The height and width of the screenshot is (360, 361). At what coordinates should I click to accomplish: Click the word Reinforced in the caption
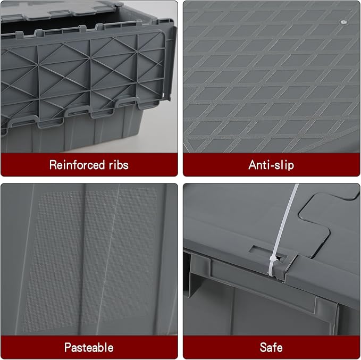tap(77, 165)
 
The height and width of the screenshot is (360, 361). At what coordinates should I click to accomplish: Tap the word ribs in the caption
tap(119, 165)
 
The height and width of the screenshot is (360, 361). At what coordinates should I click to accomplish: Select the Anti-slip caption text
tap(271, 165)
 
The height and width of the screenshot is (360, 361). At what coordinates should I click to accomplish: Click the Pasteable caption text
tap(89, 347)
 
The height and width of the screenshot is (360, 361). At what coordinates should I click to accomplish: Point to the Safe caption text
tap(271, 347)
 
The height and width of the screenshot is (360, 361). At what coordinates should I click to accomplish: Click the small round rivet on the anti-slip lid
tap(343, 22)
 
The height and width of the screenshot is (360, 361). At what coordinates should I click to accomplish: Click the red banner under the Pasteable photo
tap(89, 347)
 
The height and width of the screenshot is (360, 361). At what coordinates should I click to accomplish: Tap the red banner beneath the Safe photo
tap(272, 347)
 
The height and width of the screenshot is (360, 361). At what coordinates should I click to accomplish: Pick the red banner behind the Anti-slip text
tap(272, 165)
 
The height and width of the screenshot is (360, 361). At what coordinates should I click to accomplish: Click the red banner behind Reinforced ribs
tap(89, 165)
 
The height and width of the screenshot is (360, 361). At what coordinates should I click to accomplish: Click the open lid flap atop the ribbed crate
tap(57, 10)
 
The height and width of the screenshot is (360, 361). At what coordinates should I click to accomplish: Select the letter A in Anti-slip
tap(253, 165)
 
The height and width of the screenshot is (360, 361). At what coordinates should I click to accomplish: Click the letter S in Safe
tap(263, 347)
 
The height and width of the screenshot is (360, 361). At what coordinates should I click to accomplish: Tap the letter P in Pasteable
tap(68, 347)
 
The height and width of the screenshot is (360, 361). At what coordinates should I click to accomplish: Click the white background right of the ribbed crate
tap(161, 127)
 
